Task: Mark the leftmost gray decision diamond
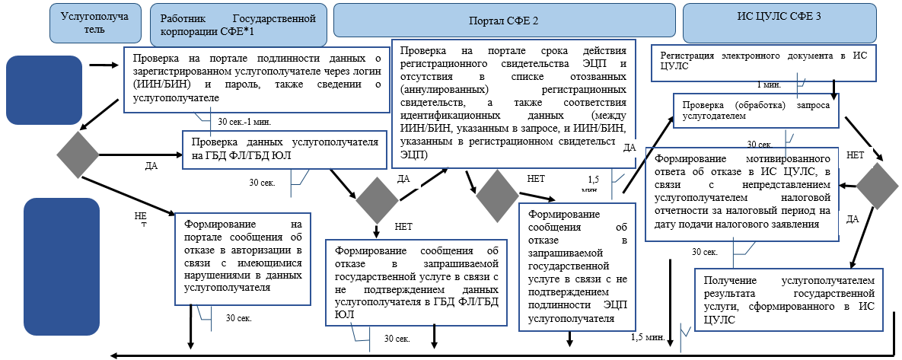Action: (78, 152)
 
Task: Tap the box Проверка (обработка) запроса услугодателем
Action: (756, 110)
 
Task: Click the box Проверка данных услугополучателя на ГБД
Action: (285, 149)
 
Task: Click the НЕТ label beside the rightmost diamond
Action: (854, 155)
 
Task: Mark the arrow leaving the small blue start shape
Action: (100, 65)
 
